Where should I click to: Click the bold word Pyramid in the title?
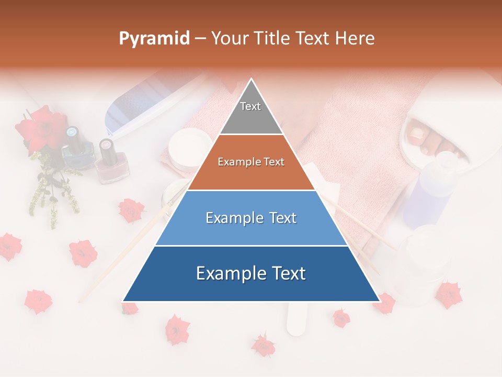pos(154,39)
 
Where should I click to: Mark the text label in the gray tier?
pos(250,106)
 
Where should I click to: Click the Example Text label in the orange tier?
pos(251,162)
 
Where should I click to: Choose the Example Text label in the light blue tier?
pos(251,218)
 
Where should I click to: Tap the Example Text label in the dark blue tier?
pos(251,273)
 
